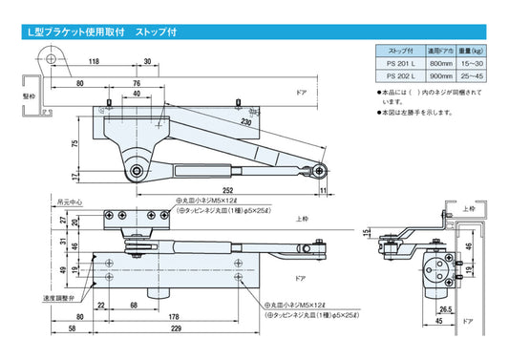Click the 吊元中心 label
69,202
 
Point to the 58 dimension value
73,328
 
